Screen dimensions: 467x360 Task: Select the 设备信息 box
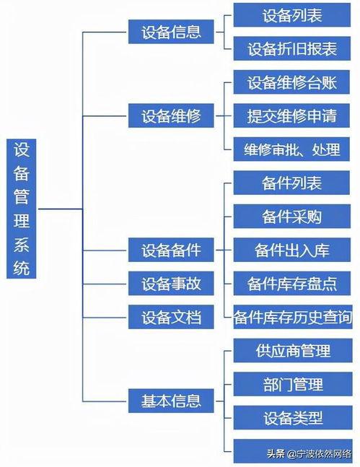(171, 32)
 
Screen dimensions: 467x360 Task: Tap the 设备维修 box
(171, 115)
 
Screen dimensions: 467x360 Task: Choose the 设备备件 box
(171, 250)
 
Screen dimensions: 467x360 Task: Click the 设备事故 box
(171, 284)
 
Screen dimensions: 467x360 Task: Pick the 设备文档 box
(171, 317)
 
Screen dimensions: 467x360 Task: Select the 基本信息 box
(171, 399)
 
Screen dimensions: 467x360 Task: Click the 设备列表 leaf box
(292, 15)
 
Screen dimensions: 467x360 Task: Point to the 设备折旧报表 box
(292, 48)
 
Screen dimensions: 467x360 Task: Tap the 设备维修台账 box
(292, 82)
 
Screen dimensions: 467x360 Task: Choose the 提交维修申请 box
(292, 115)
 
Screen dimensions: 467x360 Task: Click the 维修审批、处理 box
(292, 149)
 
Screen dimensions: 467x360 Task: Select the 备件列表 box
(292, 183)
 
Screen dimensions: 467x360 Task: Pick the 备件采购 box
(292, 217)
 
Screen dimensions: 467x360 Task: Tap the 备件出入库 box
(292, 250)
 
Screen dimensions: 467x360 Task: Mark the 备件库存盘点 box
(292, 284)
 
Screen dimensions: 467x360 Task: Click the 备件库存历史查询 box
(292, 317)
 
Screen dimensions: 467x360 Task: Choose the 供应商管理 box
(292, 351)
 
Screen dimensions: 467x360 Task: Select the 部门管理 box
(292, 384)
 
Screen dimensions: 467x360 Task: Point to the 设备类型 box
(292, 417)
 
